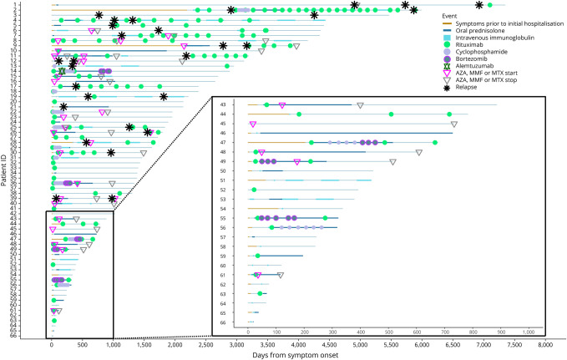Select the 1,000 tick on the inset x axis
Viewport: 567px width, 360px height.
click(x=528, y=332)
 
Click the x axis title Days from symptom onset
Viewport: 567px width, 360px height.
click(x=298, y=354)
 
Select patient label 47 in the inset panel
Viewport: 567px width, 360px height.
click(x=223, y=143)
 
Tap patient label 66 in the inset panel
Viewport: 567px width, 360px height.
click(x=223, y=322)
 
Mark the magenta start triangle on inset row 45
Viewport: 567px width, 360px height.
click(x=252, y=124)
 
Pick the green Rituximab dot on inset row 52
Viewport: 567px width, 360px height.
click(x=253, y=190)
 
